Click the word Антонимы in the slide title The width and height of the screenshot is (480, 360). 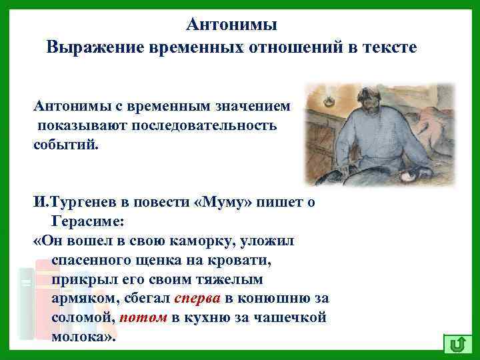[231, 25]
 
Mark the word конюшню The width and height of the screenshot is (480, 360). [273, 298]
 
